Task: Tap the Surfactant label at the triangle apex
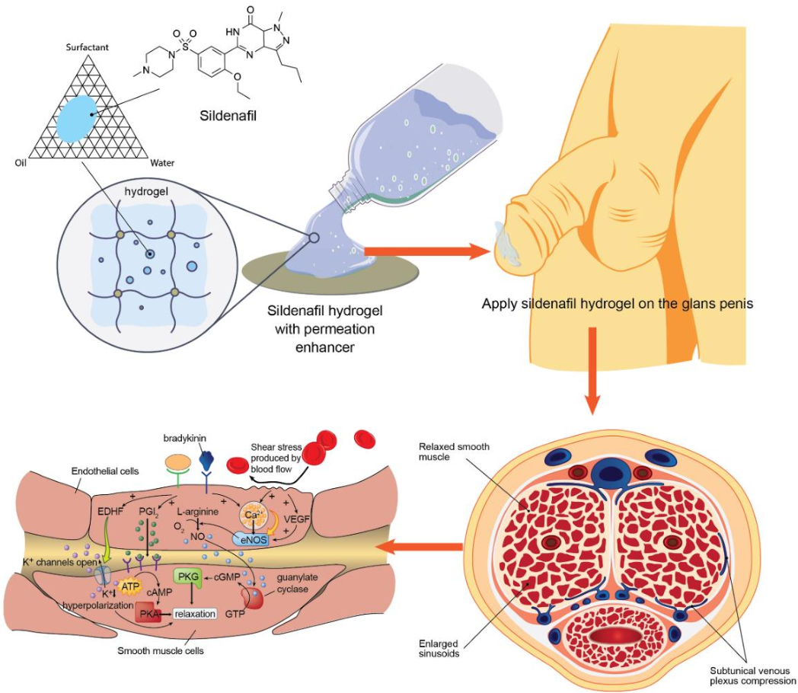click(88, 47)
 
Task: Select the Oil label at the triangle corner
click(21, 162)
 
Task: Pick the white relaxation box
click(195, 613)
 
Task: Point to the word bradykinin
click(185, 440)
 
